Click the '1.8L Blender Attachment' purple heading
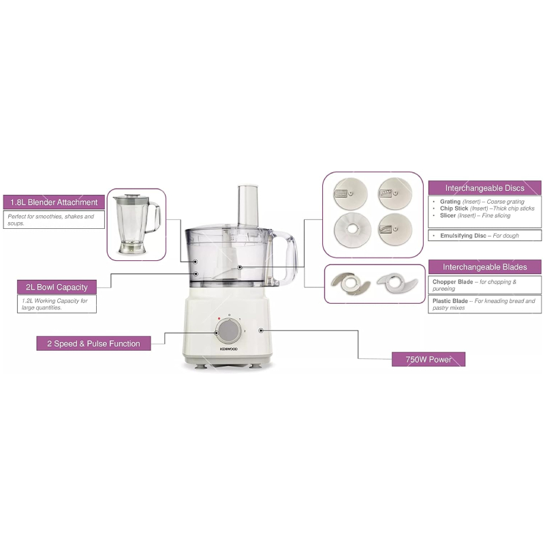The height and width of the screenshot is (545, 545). tap(54, 202)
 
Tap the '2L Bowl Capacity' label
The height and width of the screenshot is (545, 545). tap(57, 287)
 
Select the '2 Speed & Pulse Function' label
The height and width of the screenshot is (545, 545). tap(93, 343)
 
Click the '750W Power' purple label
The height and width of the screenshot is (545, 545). tap(429, 359)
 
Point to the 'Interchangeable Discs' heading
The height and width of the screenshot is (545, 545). tap(484, 188)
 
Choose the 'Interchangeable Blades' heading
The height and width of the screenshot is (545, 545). tap(484, 267)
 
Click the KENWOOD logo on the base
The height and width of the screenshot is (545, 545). tap(228, 349)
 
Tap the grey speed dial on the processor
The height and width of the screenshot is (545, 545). tap(228, 331)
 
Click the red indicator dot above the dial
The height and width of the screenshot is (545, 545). tap(219, 318)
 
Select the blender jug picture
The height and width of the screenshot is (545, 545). tap(136, 224)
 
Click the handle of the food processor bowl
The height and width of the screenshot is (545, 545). tap(287, 258)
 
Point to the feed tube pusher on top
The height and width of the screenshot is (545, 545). tap(248, 206)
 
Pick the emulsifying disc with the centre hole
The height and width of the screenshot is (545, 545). tap(352, 230)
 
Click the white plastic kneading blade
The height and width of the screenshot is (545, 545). tap(397, 282)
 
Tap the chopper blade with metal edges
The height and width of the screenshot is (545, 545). tap(350, 283)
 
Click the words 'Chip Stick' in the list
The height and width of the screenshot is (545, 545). tap(454, 208)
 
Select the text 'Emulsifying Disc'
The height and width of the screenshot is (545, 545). tap(463, 236)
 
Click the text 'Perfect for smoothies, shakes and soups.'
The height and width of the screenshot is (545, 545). tap(50, 219)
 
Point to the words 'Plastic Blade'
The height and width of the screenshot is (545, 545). tap(450, 301)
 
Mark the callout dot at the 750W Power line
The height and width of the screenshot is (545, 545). tap(261, 330)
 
